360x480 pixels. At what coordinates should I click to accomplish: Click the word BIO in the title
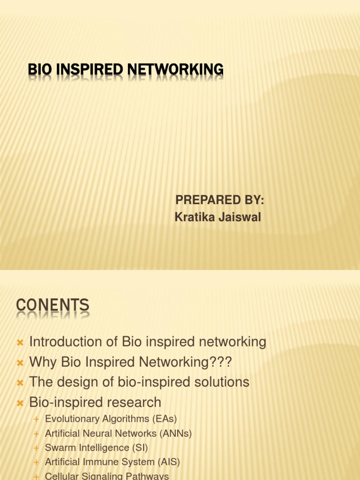[x=40, y=70]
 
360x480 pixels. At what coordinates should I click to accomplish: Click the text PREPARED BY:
[x=220, y=201]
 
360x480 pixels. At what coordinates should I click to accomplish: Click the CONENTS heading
[x=52, y=306]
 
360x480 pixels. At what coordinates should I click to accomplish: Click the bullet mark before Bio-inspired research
[x=20, y=403]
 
